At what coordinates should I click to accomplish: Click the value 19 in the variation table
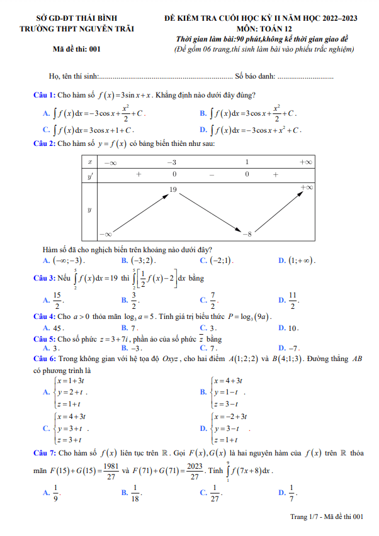coord(173,189)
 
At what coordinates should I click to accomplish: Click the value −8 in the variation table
coord(247,234)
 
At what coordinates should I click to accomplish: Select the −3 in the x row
coord(172,162)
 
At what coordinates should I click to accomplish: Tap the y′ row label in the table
coord(90,176)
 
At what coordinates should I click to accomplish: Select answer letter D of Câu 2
coord(281,260)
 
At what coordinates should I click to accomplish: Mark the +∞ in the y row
coord(307,187)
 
